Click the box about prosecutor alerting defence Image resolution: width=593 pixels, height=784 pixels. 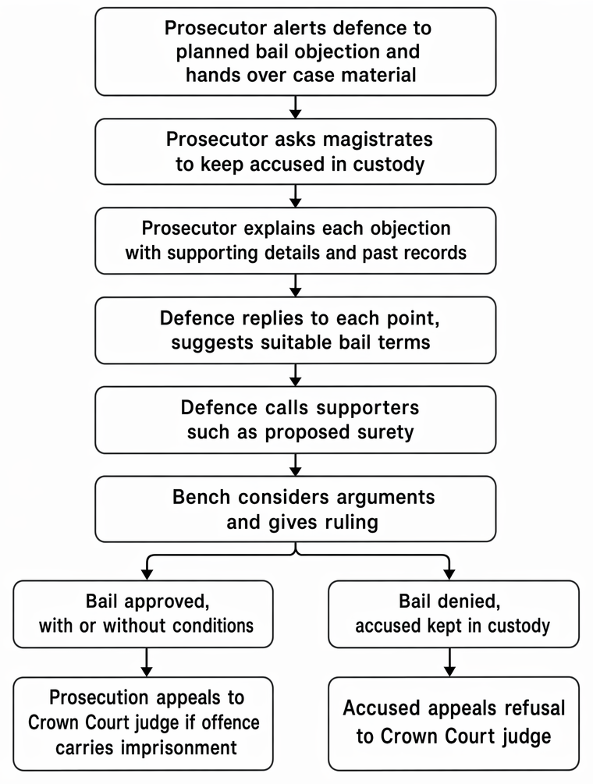pyautogui.click(x=296, y=51)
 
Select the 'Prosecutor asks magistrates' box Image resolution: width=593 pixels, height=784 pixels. pyautogui.click(x=296, y=151)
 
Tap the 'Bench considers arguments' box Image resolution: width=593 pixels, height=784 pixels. pyautogui.click(x=296, y=509)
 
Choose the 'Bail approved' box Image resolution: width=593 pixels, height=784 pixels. pyautogui.click(x=143, y=614)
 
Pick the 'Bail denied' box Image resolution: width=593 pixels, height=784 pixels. pyautogui.click(x=453, y=614)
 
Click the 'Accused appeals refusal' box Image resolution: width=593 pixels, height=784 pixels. pyautogui.click(x=453, y=723)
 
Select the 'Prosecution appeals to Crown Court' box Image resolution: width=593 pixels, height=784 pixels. pyautogui.click(x=143, y=723)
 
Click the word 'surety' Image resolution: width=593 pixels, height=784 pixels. pyautogui.click(x=384, y=432)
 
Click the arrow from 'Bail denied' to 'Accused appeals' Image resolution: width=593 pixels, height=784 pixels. pyautogui.click(x=449, y=662)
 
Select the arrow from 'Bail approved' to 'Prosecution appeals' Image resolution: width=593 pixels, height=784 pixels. pyautogui.click(x=147, y=662)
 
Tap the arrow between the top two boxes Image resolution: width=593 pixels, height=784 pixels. pyautogui.click(x=296, y=107)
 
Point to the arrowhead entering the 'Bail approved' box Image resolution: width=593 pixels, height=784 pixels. pyautogui.click(x=147, y=575)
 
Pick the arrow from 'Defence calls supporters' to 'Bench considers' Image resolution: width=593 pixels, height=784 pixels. pyautogui.click(x=296, y=464)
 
